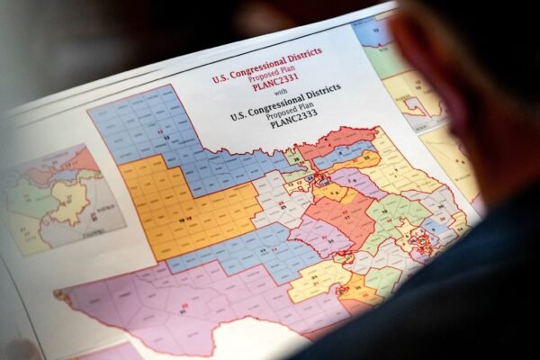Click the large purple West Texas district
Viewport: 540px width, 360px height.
[180, 306]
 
